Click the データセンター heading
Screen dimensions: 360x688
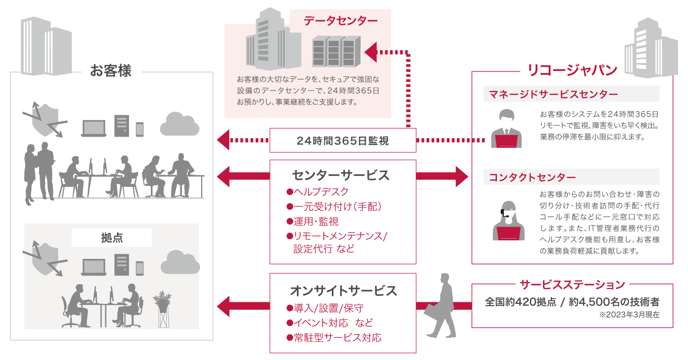pos(340,21)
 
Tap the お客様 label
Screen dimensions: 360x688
pos(111,71)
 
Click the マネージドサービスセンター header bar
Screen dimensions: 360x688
pos(571,94)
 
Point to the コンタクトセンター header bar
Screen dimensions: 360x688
pos(571,177)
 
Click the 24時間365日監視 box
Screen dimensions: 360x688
pos(342,141)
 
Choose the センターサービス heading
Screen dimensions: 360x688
pos(342,175)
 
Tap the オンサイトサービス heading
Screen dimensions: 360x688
pos(342,291)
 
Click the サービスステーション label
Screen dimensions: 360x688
pos(572,285)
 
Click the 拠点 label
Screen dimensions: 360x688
pos(112,238)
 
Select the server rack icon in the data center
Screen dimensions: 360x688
pos(333,51)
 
